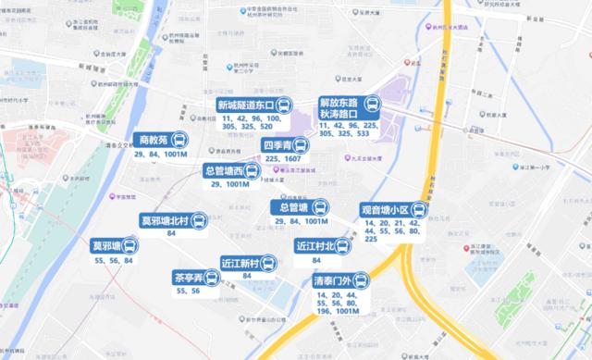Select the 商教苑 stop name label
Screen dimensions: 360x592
153,141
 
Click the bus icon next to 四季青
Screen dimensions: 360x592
301,146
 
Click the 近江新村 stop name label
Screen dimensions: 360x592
240,263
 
